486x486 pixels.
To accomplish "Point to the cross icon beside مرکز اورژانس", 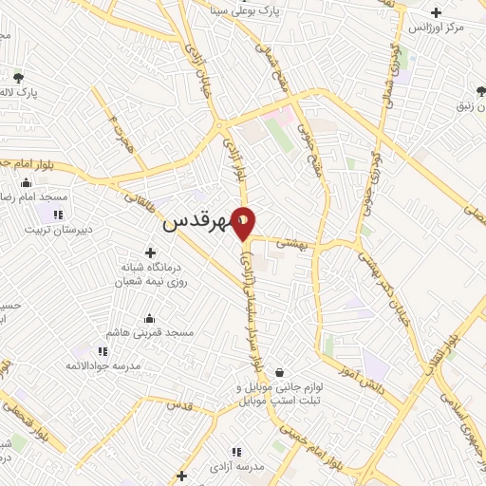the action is (x=436, y=13).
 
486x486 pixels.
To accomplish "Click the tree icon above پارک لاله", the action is (x=17, y=79).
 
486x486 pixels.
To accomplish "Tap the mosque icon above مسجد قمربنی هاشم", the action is (x=149, y=319).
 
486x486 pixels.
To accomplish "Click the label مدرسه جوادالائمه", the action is (x=103, y=365).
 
